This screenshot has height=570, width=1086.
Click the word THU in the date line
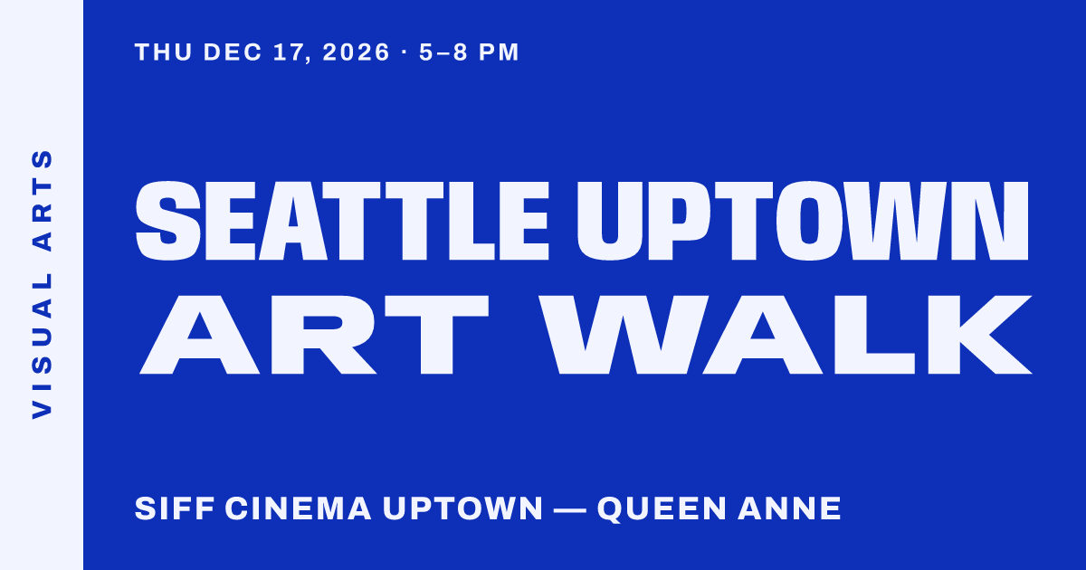[164, 52]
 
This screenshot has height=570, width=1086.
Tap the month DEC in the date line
[233, 52]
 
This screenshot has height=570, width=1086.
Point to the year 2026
[356, 52]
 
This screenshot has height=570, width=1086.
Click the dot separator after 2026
[405, 52]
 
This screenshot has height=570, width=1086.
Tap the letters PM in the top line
[499, 52]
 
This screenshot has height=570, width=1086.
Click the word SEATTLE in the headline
[342, 221]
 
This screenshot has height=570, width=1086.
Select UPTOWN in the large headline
[803, 221]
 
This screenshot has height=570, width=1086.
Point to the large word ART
[314, 335]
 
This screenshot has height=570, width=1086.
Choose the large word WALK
[786, 335]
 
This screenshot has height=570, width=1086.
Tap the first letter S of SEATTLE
[168, 221]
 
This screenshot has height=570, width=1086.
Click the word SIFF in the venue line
[175, 508]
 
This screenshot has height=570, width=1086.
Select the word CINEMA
[298, 508]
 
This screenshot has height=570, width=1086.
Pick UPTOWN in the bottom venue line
[462, 508]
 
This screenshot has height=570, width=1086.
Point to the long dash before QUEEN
[569, 510]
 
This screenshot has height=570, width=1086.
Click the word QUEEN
[662, 509]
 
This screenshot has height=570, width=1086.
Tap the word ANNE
[789, 508]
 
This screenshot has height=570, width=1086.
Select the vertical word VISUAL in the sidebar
[43, 346]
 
